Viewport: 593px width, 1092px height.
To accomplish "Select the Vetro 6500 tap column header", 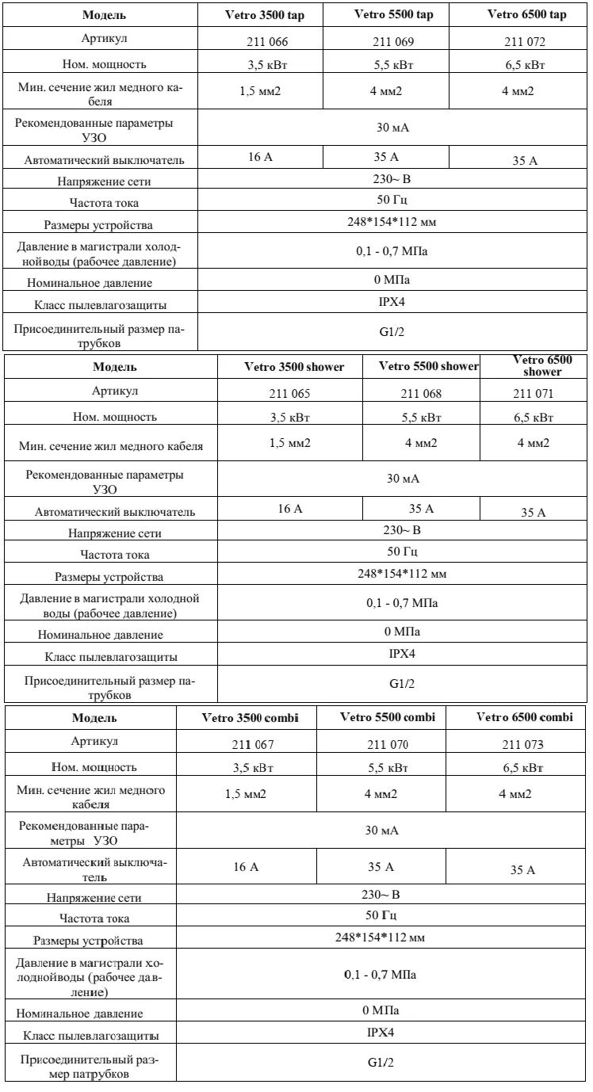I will click(x=530, y=15).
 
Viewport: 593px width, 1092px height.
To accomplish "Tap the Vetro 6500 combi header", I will click(x=524, y=717).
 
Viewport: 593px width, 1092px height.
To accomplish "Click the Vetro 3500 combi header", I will click(x=247, y=717).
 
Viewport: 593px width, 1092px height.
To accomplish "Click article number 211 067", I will click(x=247, y=744).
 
